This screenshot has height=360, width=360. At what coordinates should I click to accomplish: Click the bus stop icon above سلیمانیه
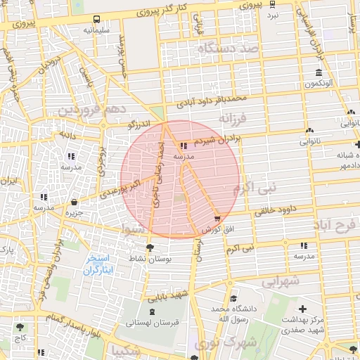tap(96, 20)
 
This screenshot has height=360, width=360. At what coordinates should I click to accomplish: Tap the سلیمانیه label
tap(96, 31)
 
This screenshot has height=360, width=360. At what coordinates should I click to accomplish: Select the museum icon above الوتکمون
tap(319, 73)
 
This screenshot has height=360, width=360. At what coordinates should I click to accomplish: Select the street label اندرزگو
tap(139, 124)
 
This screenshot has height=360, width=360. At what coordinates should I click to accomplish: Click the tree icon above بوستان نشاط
tap(149, 247)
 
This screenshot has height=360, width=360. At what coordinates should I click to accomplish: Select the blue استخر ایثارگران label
tap(98, 265)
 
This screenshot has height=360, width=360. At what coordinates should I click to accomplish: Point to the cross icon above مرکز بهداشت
tap(302, 309)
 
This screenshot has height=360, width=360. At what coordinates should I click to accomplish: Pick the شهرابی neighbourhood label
tap(281, 281)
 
